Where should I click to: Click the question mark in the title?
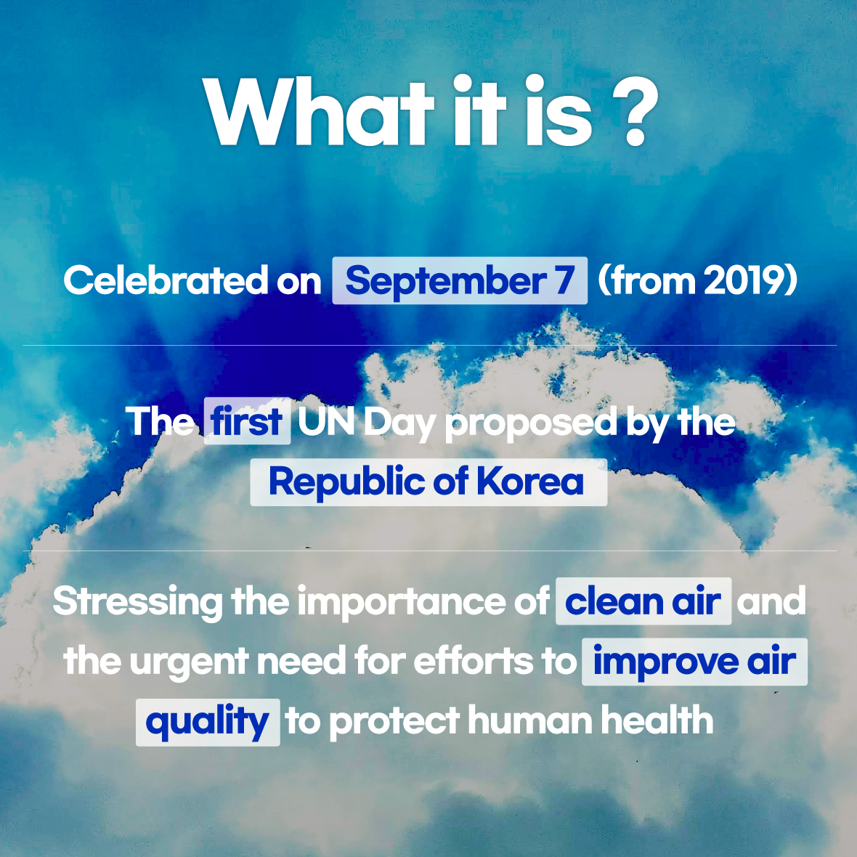(635, 111)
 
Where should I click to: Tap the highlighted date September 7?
(460, 280)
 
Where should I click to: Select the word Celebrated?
(166, 280)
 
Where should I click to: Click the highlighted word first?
(247, 421)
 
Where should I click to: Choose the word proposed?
(531, 424)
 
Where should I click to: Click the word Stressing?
(137, 602)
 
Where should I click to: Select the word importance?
(402, 602)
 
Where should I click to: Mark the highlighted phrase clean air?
(643, 601)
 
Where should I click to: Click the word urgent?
(189, 662)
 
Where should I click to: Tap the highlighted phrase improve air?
(694, 662)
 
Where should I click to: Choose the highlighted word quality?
(208, 722)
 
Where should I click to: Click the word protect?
(394, 722)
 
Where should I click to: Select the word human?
(530, 720)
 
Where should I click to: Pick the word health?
(657, 720)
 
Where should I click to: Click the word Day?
(399, 423)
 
